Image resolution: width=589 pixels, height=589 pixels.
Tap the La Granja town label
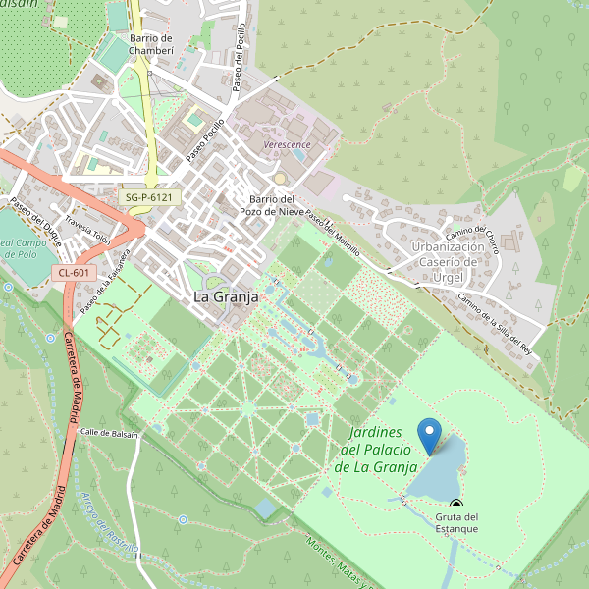pyautogui.click(x=225, y=295)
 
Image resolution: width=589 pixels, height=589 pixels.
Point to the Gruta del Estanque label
pyautogui.click(x=456, y=522)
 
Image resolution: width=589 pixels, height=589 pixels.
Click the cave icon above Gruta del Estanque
pyautogui.click(x=455, y=504)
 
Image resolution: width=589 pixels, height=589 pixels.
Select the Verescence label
pyautogui.click(x=288, y=145)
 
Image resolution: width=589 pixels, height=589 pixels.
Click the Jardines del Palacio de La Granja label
pyautogui.click(x=377, y=450)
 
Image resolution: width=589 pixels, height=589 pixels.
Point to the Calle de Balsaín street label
pyautogui.click(x=109, y=432)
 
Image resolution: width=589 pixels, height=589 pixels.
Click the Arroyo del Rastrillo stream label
pyautogui.click(x=108, y=521)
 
